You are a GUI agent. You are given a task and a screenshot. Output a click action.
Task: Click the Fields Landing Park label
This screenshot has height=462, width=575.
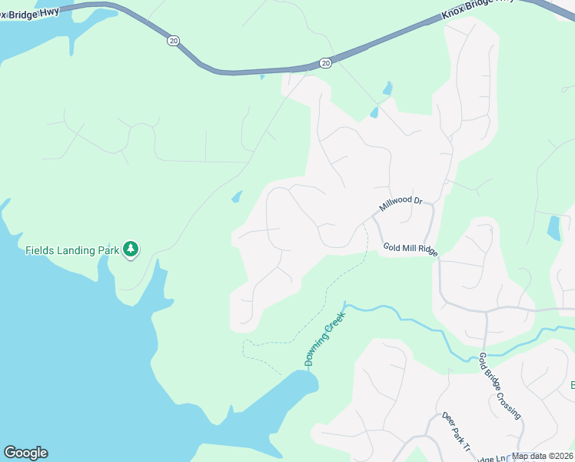tap(72, 250)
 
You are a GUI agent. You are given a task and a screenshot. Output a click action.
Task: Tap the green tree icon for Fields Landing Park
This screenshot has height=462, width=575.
tap(131, 248)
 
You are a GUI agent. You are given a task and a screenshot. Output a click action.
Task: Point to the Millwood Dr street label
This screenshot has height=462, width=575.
tap(401, 205)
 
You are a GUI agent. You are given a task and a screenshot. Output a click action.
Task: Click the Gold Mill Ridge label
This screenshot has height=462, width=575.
tap(410, 249)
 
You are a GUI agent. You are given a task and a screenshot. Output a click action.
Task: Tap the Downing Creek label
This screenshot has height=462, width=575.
tap(321, 343)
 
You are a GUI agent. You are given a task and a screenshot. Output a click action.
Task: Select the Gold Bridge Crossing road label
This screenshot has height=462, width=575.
tap(500, 386)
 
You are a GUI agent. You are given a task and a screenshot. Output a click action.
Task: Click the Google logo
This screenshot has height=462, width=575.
tap(25, 453)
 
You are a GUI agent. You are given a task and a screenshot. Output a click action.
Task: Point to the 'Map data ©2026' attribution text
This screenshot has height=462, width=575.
tap(542, 456)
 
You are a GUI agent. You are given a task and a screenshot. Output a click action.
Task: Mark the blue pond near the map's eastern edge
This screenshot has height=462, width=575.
tap(553, 228)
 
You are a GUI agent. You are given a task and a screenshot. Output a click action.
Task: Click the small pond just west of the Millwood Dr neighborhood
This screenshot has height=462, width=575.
tap(237, 197)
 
